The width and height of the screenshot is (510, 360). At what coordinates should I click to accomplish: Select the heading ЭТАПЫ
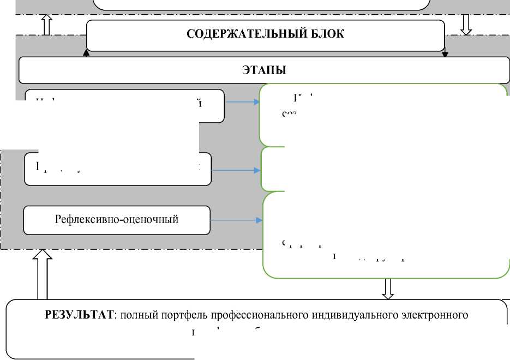coord(264,70)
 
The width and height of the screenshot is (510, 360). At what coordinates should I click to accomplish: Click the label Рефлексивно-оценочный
coord(117,220)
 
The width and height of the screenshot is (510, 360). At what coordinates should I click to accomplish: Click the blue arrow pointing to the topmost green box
coord(243,101)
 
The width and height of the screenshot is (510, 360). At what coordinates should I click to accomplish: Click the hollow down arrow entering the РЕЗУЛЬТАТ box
coord(388,289)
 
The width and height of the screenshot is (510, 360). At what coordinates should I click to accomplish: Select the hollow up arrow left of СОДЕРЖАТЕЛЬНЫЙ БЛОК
coord(46,25)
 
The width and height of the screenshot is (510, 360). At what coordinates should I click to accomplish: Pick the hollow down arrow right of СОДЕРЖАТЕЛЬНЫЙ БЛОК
coord(466,25)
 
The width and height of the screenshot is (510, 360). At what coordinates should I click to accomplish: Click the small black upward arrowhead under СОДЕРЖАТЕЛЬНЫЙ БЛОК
coord(86,52)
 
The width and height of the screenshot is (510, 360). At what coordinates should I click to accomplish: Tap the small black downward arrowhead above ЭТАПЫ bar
coord(445,53)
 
